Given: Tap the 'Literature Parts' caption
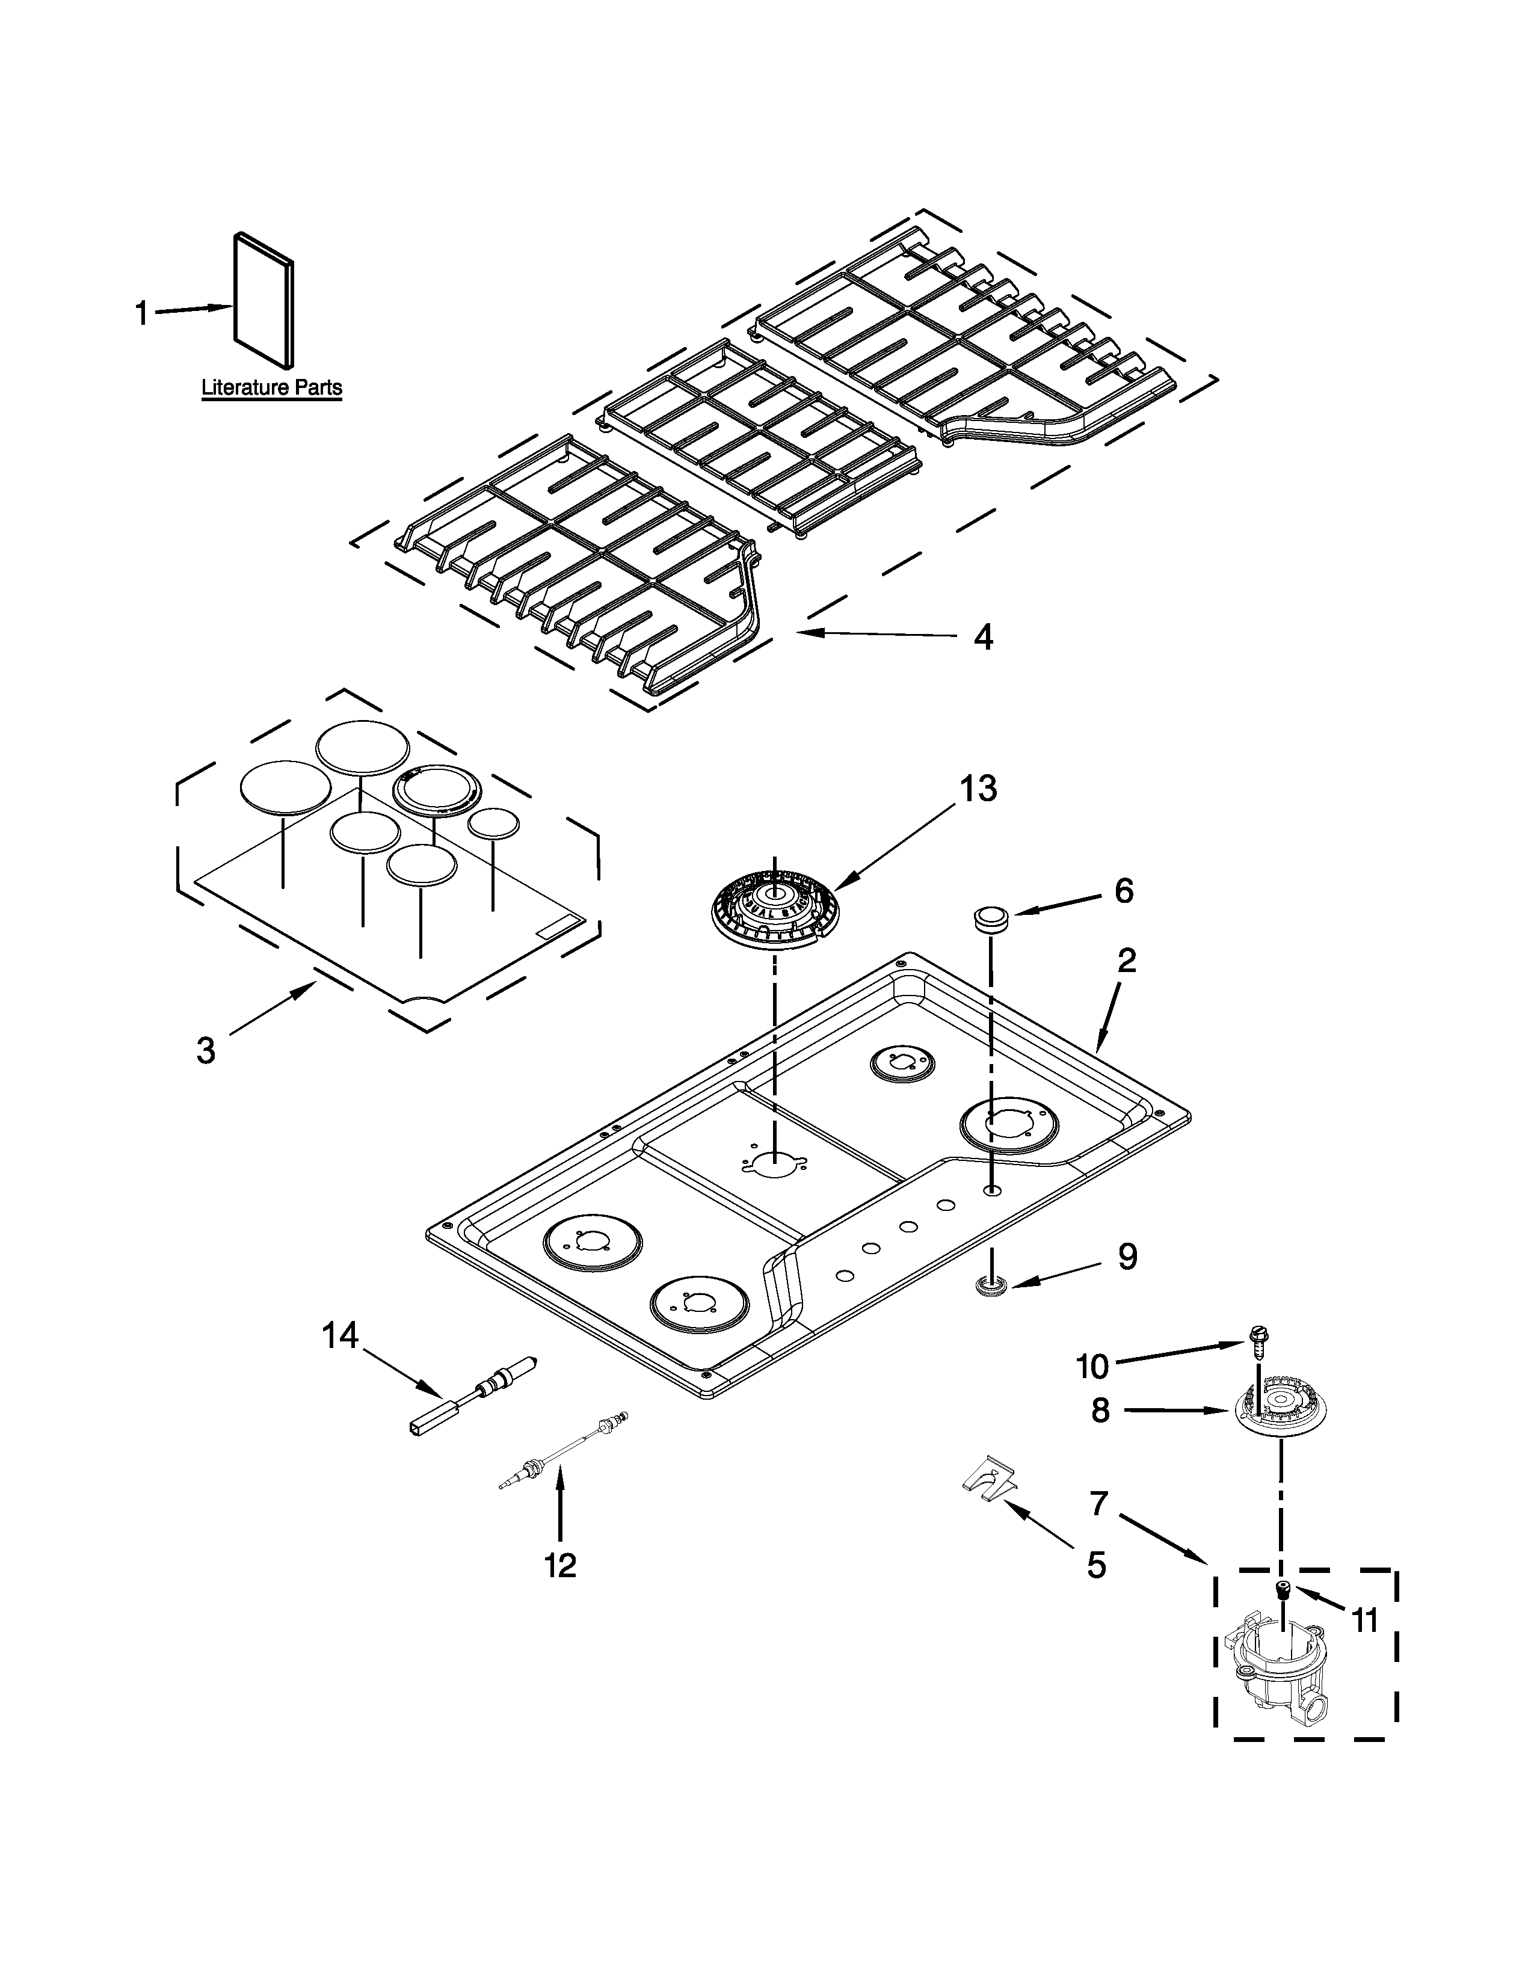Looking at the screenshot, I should tap(271, 388).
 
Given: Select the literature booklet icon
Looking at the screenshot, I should tap(263, 304).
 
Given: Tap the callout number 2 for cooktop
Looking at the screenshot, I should tap(1126, 960).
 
